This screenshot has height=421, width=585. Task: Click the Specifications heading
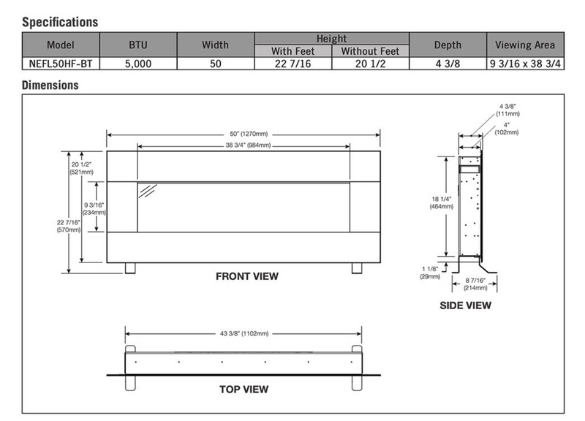[x=60, y=23]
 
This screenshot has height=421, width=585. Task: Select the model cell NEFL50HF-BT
[x=61, y=64]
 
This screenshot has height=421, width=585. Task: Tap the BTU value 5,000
[x=138, y=64]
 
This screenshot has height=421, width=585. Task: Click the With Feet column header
[x=292, y=51]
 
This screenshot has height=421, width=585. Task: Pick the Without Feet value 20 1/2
[x=369, y=64]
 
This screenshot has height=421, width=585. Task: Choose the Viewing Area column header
[x=525, y=45]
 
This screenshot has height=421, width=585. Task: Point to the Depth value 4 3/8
[x=448, y=64]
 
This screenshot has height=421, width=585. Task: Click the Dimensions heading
[x=50, y=86]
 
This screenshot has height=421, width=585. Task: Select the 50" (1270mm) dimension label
[x=244, y=134]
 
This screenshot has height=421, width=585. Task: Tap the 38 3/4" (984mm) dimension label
[x=244, y=145]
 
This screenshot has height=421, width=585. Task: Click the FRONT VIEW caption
[x=247, y=277]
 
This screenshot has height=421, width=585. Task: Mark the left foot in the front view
[x=130, y=268]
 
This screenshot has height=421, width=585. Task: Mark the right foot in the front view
[x=357, y=268]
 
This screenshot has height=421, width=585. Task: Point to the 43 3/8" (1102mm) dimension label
[x=244, y=333]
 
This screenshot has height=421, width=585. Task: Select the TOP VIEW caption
[x=244, y=389]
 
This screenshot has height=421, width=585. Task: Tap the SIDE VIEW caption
[x=465, y=306]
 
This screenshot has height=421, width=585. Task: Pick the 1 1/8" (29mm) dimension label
[x=430, y=272]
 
